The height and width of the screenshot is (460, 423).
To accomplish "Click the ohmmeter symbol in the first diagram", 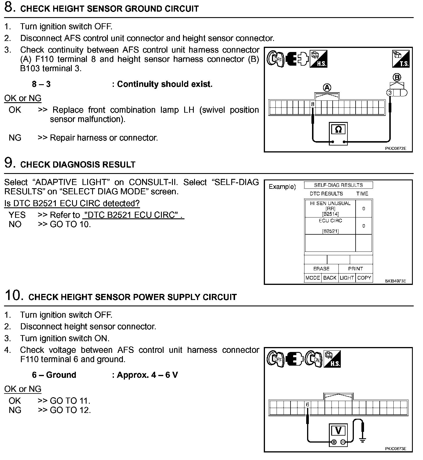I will [338, 130].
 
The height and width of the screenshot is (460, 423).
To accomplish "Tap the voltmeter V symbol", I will [338, 431].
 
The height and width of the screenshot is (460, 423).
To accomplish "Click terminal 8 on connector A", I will [313, 104].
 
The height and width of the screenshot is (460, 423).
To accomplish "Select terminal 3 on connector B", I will [390, 93].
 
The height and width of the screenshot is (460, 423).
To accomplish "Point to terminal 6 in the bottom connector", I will [307, 405].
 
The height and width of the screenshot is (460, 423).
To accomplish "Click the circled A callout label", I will [327, 87].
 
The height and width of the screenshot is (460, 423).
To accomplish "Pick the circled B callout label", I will [397, 78].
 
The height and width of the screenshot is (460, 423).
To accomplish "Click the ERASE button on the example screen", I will [321, 269].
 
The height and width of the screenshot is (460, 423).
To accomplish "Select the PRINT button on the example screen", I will [356, 269].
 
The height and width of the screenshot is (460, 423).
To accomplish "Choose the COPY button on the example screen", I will [364, 278].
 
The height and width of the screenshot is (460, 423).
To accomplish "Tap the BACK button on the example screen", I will [330, 278].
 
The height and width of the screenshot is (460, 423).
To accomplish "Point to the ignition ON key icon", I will [314, 359].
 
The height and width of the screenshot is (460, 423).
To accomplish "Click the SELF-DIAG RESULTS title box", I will [338, 185].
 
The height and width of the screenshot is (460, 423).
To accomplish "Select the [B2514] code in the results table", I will [330, 214].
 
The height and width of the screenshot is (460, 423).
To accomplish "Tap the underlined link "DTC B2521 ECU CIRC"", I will [133, 215].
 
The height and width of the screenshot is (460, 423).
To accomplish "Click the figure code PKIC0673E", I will [396, 449].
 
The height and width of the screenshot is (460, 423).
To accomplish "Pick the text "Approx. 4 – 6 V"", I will [147, 375].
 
